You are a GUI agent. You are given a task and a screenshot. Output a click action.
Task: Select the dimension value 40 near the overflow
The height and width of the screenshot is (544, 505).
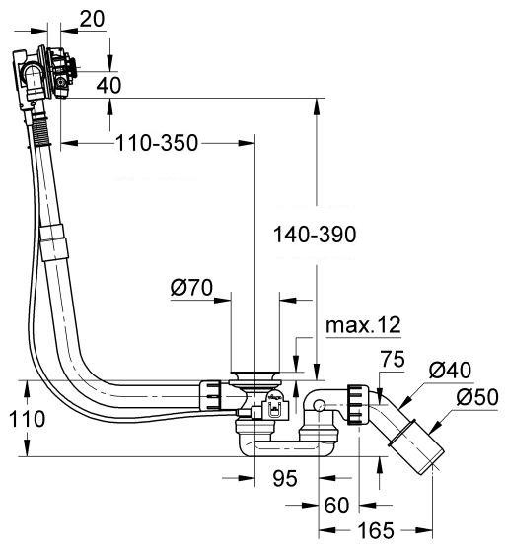[x=109, y=85]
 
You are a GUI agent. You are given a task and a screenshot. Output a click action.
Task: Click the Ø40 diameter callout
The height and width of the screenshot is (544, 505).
[x=451, y=371]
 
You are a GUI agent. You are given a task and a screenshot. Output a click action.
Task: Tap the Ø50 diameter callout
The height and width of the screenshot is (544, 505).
[x=477, y=399]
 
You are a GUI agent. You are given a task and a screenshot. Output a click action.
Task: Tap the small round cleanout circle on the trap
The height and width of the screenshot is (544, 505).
[x=319, y=405]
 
